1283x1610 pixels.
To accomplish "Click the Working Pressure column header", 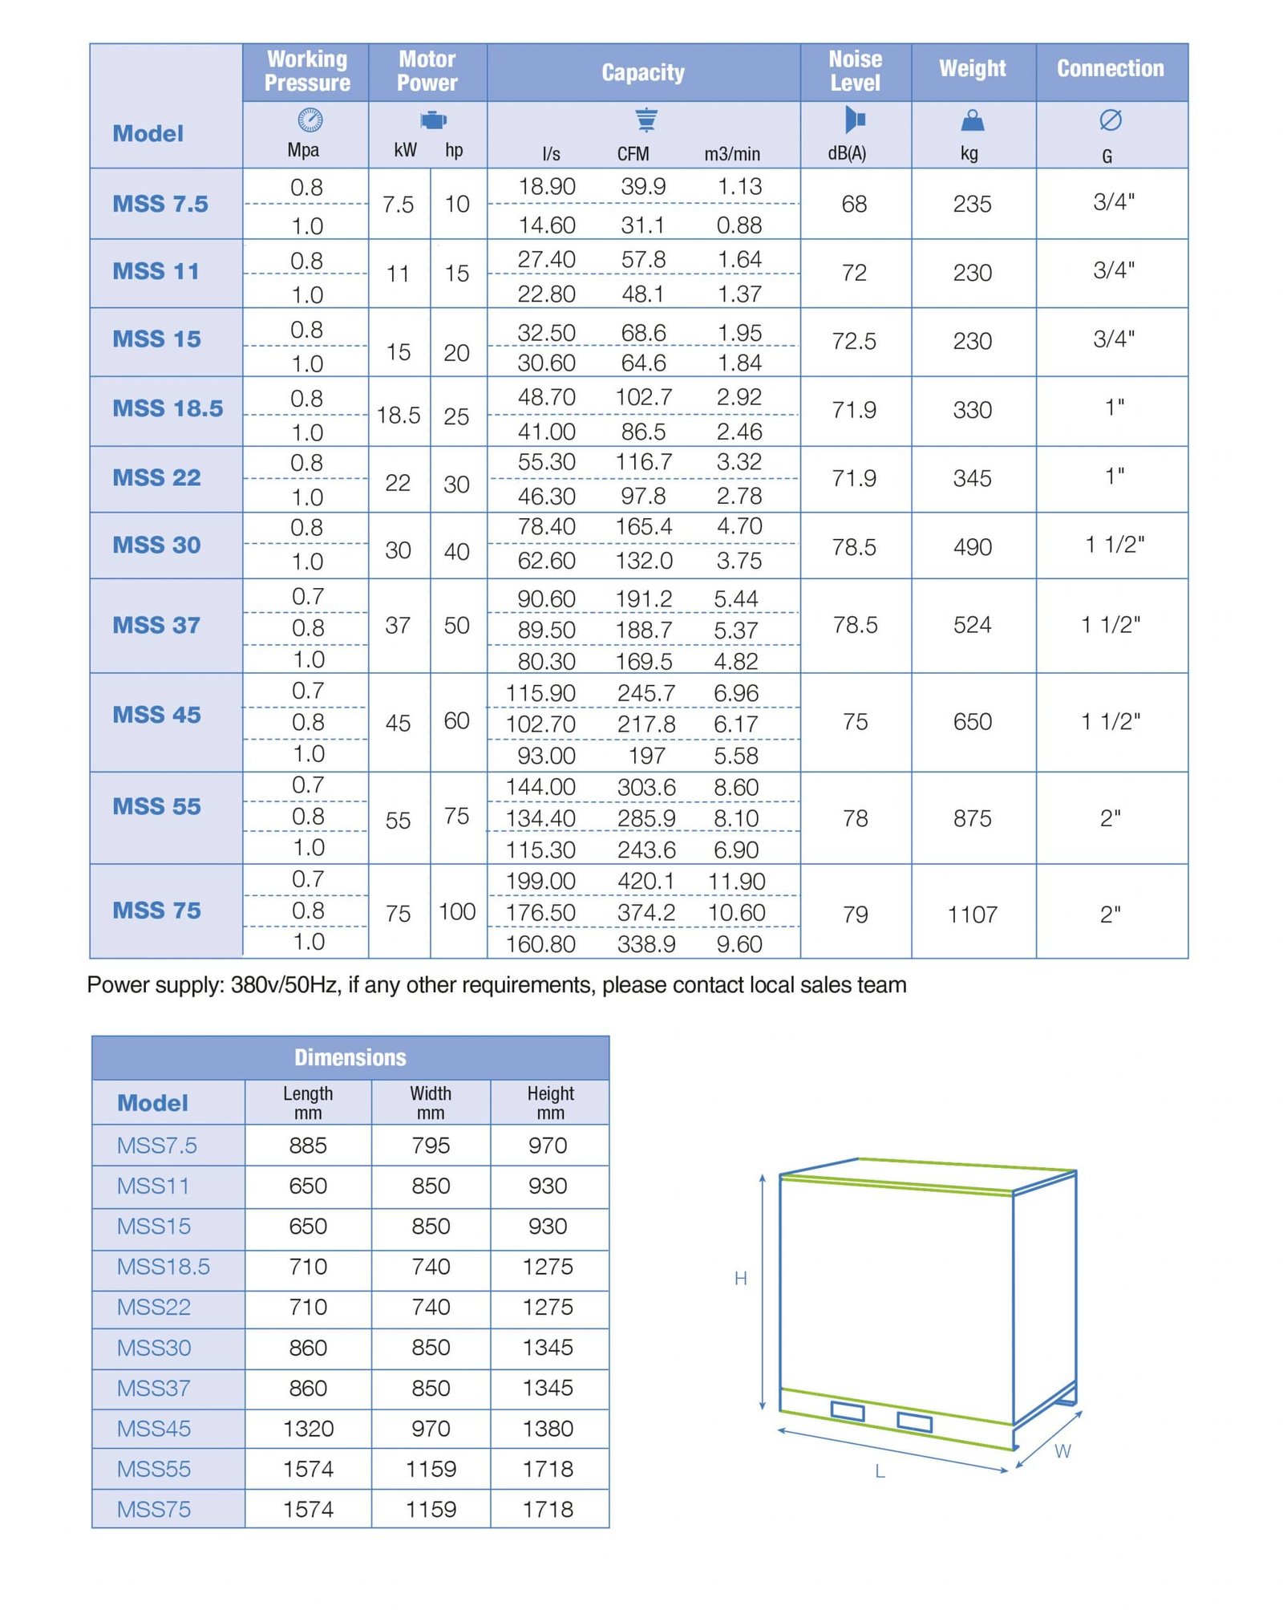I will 306,71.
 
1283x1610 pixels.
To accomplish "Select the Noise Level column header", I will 855,71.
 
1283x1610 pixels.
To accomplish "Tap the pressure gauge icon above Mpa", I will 310,120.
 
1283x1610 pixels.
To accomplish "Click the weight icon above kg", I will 972,120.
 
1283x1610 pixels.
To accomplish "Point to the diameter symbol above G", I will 1110,120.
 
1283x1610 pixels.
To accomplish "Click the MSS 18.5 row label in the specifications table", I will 168,408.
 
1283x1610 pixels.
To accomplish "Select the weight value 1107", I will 972,914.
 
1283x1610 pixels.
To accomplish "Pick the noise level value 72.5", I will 854,342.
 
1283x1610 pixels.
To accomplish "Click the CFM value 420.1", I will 646,882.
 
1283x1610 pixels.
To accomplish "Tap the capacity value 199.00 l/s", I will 540,882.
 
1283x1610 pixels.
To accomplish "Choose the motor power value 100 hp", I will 457,912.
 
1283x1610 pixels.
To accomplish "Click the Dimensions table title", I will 350,1057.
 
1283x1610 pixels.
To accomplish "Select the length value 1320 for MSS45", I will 308,1429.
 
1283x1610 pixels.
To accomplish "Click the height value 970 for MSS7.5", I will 548,1146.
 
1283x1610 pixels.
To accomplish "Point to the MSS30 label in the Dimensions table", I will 154,1348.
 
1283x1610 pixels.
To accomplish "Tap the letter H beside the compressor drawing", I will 741,1279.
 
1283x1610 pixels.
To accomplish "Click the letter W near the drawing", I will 1062,1451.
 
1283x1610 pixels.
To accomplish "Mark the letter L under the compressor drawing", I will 880,1471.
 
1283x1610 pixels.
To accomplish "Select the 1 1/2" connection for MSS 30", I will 1115,545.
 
